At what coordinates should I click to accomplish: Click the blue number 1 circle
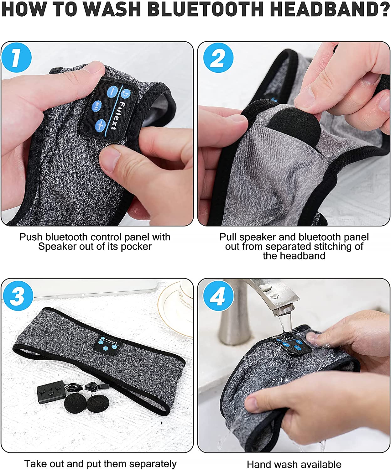click(16, 58)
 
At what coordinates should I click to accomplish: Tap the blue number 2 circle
click(218, 58)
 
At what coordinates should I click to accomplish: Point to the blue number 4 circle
click(218, 295)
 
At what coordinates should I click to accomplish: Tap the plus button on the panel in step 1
click(100, 124)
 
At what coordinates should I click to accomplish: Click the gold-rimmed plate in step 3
click(175, 308)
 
